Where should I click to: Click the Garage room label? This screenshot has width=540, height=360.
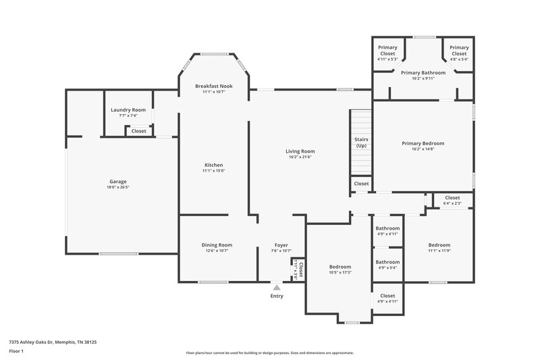click(x=118, y=181)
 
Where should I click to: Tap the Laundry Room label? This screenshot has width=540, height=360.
click(x=128, y=109)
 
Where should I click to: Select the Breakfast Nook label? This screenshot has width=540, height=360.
click(x=213, y=86)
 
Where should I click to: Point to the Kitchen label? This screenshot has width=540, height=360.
click(x=213, y=165)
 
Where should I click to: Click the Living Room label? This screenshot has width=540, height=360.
click(x=300, y=151)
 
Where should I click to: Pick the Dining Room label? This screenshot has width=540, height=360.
click(x=217, y=245)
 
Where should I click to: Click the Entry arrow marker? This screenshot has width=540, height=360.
click(x=277, y=288)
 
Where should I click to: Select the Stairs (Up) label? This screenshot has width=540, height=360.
click(x=361, y=143)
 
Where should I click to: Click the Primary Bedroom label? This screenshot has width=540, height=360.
click(x=423, y=143)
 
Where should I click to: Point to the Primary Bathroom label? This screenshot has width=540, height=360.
click(x=423, y=72)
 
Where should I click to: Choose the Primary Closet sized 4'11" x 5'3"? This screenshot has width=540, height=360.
click(x=387, y=50)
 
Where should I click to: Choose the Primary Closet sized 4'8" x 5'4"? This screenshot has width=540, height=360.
click(x=459, y=50)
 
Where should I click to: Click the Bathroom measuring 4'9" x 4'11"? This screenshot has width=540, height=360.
click(x=387, y=228)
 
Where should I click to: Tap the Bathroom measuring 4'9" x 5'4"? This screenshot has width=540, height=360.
click(x=387, y=262)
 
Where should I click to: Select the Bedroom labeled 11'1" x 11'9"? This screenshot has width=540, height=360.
click(x=439, y=245)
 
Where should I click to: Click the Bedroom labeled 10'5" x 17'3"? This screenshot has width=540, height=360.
click(x=340, y=267)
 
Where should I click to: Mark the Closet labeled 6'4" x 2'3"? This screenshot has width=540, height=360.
click(x=452, y=198)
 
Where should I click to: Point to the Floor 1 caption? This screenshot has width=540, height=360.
click(x=16, y=352)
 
